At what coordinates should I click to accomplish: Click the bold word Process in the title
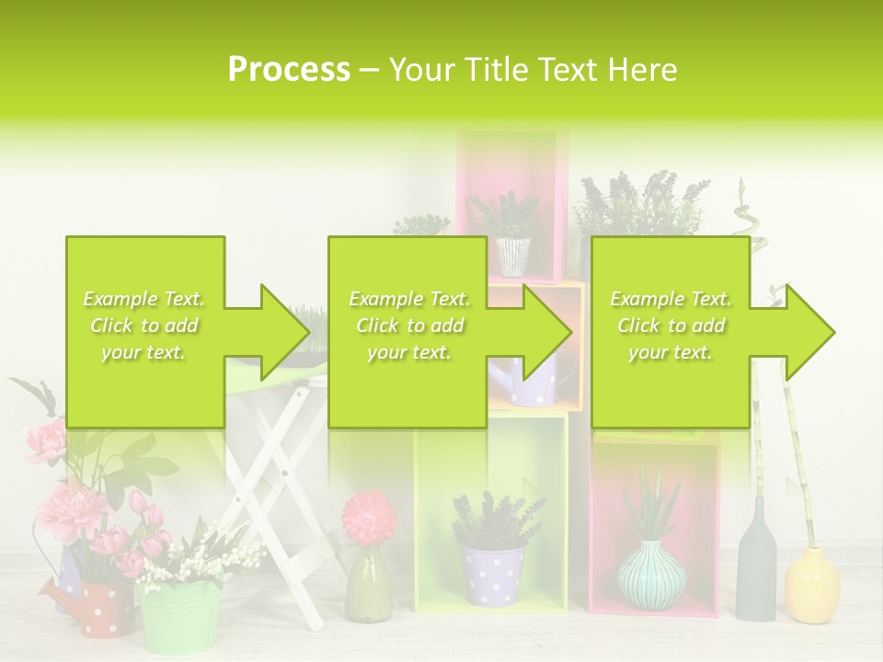click(289, 70)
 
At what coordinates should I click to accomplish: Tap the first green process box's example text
click(144, 325)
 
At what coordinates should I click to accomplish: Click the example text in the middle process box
click(408, 325)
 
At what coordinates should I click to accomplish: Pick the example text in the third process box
click(671, 325)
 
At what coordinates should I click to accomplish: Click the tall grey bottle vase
click(755, 565)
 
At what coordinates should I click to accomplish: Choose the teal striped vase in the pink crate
click(650, 575)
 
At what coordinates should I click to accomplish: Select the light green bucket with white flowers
click(179, 615)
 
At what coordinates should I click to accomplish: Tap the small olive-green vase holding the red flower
click(364, 588)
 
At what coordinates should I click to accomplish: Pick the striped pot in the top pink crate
click(513, 257)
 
